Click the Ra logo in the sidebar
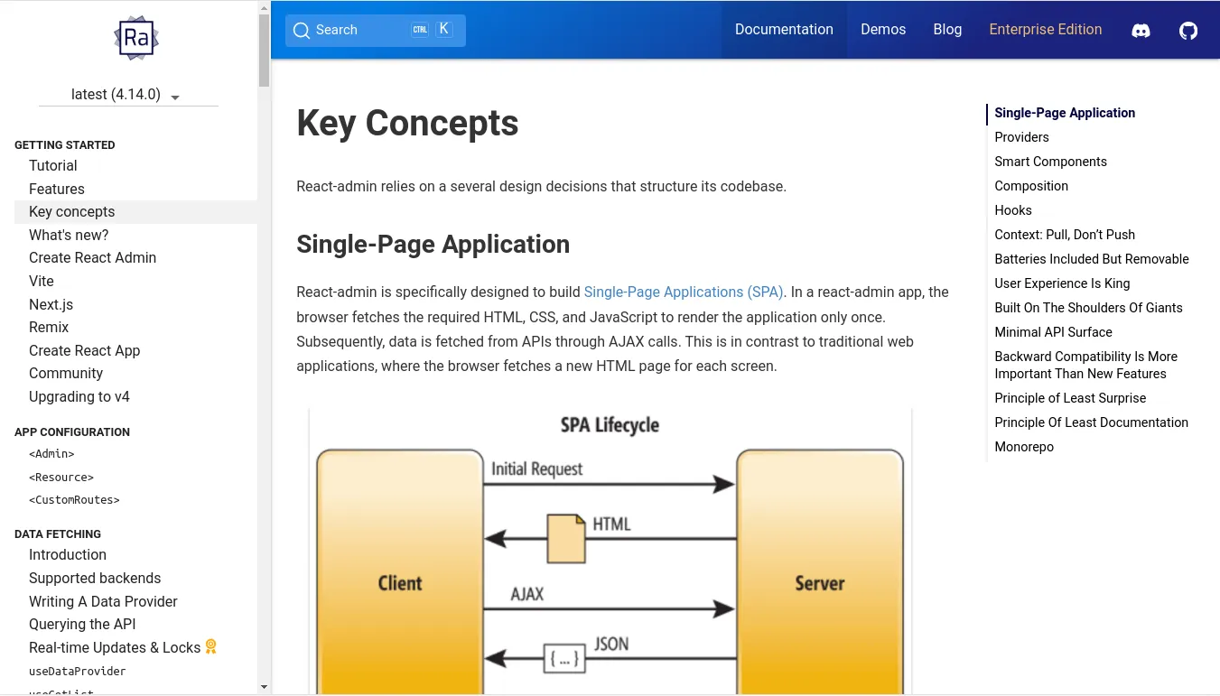click(x=136, y=38)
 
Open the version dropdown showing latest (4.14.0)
click(x=127, y=95)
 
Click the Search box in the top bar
click(x=375, y=30)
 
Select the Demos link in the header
click(x=882, y=30)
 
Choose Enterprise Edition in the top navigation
click(x=1045, y=30)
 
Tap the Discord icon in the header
click(x=1141, y=31)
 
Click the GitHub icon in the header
click(x=1188, y=31)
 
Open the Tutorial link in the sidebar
click(x=53, y=166)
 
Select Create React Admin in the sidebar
click(x=92, y=258)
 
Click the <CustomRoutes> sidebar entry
click(x=74, y=500)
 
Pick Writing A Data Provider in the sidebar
click(x=103, y=602)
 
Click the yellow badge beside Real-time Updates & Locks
click(x=211, y=647)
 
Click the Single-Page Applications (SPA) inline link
click(x=684, y=292)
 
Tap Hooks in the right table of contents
click(x=1012, y=210)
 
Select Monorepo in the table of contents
click(x=1023, y=447)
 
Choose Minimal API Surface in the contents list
click(x=1053, y=332)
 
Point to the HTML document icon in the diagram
click(x=566, y=538)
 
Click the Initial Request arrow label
click(x=536, y=469)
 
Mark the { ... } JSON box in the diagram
click(x=563, y=659)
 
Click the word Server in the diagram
click(x=819, y=583)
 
